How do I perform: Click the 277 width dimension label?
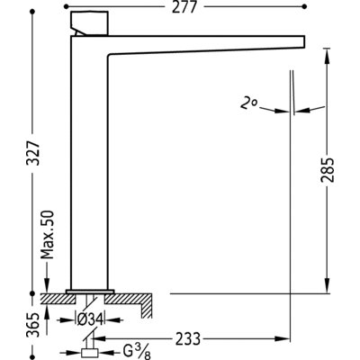point(184,7)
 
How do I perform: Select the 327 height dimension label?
point(33,152)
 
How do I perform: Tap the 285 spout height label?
point(327,169)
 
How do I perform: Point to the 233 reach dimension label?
point(187,339)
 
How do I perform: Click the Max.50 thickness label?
point(48,235)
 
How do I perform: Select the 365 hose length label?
point(33,325)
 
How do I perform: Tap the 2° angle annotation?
point(248,103)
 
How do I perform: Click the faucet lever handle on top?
point(89,23)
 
